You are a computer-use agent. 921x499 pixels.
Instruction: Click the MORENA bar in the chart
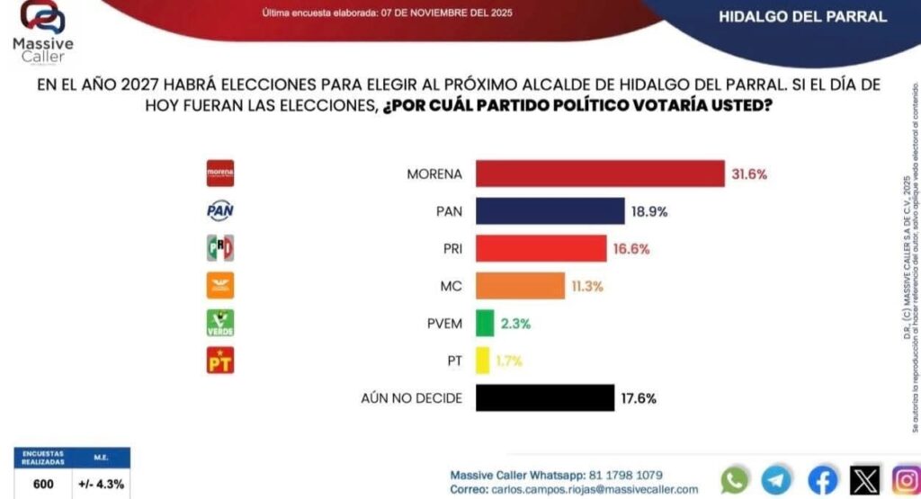pos(600,174)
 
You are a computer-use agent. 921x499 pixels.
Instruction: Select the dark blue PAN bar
pos(550,211)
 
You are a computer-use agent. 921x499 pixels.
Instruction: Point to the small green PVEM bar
pos(485,323)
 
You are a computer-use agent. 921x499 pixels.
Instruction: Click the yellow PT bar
pos(482,361)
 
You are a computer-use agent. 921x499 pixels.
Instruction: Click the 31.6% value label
pos(749,174)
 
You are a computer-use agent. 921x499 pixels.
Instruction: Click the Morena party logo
pos(220,173)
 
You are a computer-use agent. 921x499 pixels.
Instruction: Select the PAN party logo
pos(220,210)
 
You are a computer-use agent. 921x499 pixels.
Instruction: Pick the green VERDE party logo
pos(220,323)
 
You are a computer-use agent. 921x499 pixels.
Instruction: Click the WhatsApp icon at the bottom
pos(735,479)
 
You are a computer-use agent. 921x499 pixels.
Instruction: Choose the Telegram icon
pos(776,479)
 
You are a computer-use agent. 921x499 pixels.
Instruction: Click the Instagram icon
pos(906,479)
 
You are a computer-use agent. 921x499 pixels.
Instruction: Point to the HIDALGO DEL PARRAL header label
pos(803,16)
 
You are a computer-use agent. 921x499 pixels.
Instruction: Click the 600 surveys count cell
pos(43,484)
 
